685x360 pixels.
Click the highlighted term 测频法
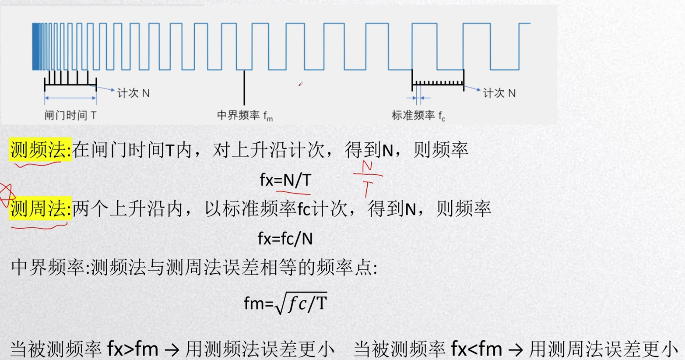coord(40,150)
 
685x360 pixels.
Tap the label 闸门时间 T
coord(70,116)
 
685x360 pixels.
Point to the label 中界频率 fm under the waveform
coord(245,116)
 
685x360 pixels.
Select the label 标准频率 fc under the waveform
coord(418,116)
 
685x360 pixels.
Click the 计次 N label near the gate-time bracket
coord(133,93)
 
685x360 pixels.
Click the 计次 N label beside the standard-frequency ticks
coord(499,93)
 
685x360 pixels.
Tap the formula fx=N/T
coord(285,180)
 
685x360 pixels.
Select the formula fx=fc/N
coord(285,239)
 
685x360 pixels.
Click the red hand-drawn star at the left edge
coord(6,195)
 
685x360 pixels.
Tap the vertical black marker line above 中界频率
coord(244,88)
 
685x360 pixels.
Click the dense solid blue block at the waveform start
coord(36,46)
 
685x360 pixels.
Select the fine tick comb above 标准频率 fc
coord(438,82)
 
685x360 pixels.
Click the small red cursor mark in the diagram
coord(300,84)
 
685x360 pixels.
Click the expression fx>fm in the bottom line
coord(133,349)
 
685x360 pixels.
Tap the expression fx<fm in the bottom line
coord(476,349)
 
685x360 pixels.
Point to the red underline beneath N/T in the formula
coord(293,191)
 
